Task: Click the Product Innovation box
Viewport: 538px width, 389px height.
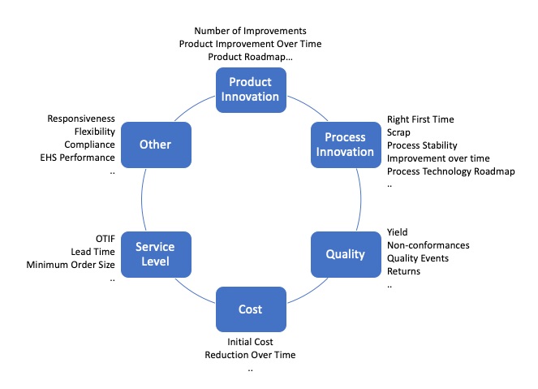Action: point(250,89)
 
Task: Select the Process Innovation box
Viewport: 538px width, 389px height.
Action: point(346,144)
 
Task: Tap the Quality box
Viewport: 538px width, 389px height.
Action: point(346,253)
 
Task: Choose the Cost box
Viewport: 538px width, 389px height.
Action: point(250,309)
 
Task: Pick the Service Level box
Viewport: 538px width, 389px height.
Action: point(155,253)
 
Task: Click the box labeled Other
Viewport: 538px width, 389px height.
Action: point(155,144)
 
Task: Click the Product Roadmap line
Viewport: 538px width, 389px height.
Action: point(250,57)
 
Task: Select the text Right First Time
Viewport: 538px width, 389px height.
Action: point(420,119)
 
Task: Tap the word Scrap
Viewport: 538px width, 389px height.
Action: point(399,132)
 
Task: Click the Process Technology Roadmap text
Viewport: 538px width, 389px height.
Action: point(450,171)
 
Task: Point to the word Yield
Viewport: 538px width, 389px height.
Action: point(398,231)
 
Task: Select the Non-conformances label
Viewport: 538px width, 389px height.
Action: point(428,244)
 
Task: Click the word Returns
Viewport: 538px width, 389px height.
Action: point(403,271)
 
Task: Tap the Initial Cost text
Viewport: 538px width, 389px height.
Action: point(250,342)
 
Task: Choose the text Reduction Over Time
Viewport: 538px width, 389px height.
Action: point(250,355)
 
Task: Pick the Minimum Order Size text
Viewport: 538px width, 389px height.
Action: point(71,265)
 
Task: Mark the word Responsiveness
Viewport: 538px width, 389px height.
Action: point(80,118)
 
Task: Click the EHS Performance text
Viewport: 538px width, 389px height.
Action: point(78,158)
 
